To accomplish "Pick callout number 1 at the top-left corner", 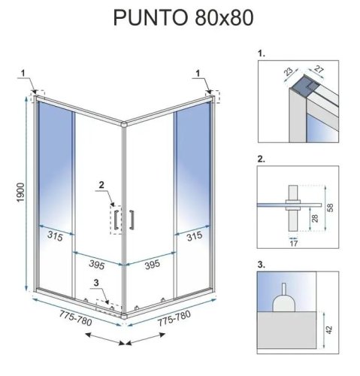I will click(25, 72).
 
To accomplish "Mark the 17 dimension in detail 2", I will click(293, 243).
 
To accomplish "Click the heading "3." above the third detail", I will click(261, 265).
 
